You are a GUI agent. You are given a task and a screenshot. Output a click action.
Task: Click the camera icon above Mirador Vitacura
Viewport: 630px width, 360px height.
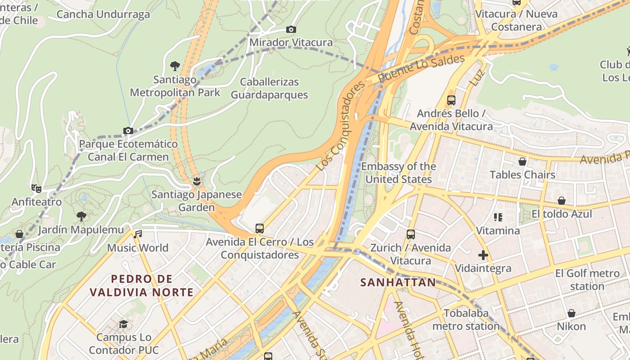[x=291, y=30]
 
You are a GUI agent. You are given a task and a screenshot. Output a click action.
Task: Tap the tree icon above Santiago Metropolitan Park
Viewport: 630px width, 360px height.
[x=175, y=66]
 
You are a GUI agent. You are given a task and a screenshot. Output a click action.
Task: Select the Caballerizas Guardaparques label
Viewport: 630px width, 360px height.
[x=269, y=89]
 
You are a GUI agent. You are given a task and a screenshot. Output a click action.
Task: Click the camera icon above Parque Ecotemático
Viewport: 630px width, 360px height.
[x=128, y=131]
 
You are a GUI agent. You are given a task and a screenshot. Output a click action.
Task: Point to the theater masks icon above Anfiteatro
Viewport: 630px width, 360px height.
[x=36, y=188]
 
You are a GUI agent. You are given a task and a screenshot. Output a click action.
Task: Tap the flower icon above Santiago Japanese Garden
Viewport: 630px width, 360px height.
[x=196, y=181]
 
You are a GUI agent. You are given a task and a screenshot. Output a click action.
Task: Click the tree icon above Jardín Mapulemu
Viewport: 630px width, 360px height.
[x=81, y=216]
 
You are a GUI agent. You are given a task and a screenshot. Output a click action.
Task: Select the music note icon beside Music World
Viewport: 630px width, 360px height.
[x=138, y=234]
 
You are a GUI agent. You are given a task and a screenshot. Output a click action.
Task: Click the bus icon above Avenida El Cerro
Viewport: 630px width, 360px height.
[x=260, y=228]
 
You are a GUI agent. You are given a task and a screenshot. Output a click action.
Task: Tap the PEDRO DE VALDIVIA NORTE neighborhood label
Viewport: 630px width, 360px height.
[x=141, y=286]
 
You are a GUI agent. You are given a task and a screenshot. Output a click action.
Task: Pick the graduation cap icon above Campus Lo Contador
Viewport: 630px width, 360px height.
[x=123, y=324]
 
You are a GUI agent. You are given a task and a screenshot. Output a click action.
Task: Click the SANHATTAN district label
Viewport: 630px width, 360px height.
[x=398, y=283]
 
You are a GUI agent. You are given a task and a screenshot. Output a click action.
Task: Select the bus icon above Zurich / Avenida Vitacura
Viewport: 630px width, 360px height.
[x=410, y=234]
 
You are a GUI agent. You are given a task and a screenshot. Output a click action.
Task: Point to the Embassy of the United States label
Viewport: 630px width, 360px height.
[x=399, y=173]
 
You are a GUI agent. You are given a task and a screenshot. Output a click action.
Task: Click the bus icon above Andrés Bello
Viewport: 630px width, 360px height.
[x=451, y=100]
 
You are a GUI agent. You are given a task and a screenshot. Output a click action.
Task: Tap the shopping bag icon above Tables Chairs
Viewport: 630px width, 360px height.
[x=522, y=161]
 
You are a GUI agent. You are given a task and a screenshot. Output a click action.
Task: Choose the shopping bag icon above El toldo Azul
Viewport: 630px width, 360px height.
[x=562, y=200]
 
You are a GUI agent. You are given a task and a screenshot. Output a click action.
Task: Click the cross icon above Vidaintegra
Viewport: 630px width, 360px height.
[x=483, y=255]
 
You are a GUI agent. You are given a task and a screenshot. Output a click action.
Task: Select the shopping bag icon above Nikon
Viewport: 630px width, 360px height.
[x=571, y=313]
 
